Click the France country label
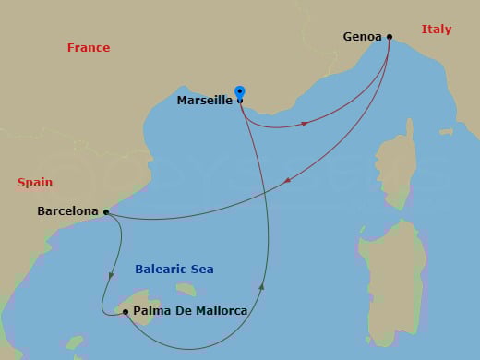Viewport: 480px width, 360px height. (x=89, y=48)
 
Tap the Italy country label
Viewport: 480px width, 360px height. (x=436, y=30)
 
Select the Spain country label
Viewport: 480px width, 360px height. (x=35, y=183)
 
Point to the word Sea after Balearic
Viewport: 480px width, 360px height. (x=202, y=270)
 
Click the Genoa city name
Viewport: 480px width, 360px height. (x=362, y=37)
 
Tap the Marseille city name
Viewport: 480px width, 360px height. (x=204, y=101)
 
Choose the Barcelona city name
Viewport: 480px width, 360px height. (x=67, y=211)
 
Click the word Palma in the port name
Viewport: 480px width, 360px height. (x=150, y=311)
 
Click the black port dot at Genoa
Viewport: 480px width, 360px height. (x=390, y=37)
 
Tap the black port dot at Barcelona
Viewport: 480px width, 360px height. (x=106, y=211)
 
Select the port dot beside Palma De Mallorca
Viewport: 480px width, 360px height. (x=126, y=312)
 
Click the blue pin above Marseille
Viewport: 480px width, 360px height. (x=240, y=92)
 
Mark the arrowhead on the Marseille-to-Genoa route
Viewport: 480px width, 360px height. (x=304, y=124)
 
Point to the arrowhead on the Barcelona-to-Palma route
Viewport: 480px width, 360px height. (x=111, y=274)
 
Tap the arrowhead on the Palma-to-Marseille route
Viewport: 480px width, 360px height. (x=263, y=287)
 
